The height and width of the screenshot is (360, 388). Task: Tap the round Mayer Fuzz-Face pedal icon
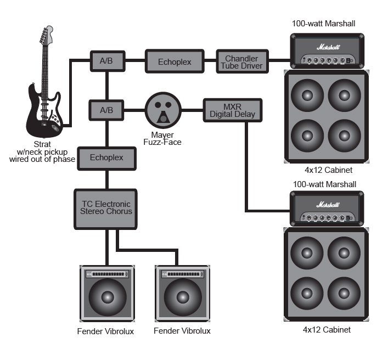click(163, 110)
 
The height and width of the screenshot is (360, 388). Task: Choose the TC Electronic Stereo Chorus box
click(106, 208)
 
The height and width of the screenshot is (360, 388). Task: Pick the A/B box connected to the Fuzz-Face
click(106, 110)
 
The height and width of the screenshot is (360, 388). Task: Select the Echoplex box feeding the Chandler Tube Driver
click(175, 61)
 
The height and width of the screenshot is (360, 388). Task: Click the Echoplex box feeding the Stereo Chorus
click(106, 158)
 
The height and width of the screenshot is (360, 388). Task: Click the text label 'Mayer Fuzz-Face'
click(162, 138)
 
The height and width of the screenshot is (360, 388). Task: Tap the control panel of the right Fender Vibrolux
click(182, 274)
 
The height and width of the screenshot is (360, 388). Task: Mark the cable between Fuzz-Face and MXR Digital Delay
click(192, 110)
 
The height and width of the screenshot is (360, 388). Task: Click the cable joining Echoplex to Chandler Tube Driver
click(210, 61)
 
